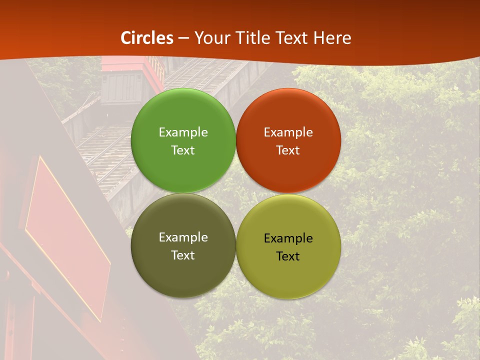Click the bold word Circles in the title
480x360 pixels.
[147, 38]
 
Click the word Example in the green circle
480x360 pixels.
[183, 132]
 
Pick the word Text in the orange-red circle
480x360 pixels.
[288, 150]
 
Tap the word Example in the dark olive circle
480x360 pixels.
[183, 237]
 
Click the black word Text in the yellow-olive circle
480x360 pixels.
[288, 256]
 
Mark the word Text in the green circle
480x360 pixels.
[183, 150]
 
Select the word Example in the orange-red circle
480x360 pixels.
[288, 132]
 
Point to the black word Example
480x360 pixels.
[288, 238]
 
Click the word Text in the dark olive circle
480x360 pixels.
[183, 255]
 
